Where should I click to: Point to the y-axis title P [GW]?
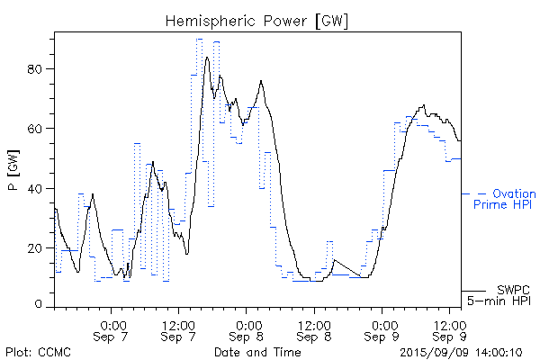(13, 172)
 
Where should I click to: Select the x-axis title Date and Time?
(257, 351)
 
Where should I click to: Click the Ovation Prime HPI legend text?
(504, 199)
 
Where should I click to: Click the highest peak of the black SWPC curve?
(207, 58)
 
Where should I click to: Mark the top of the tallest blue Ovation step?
(199, 39)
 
